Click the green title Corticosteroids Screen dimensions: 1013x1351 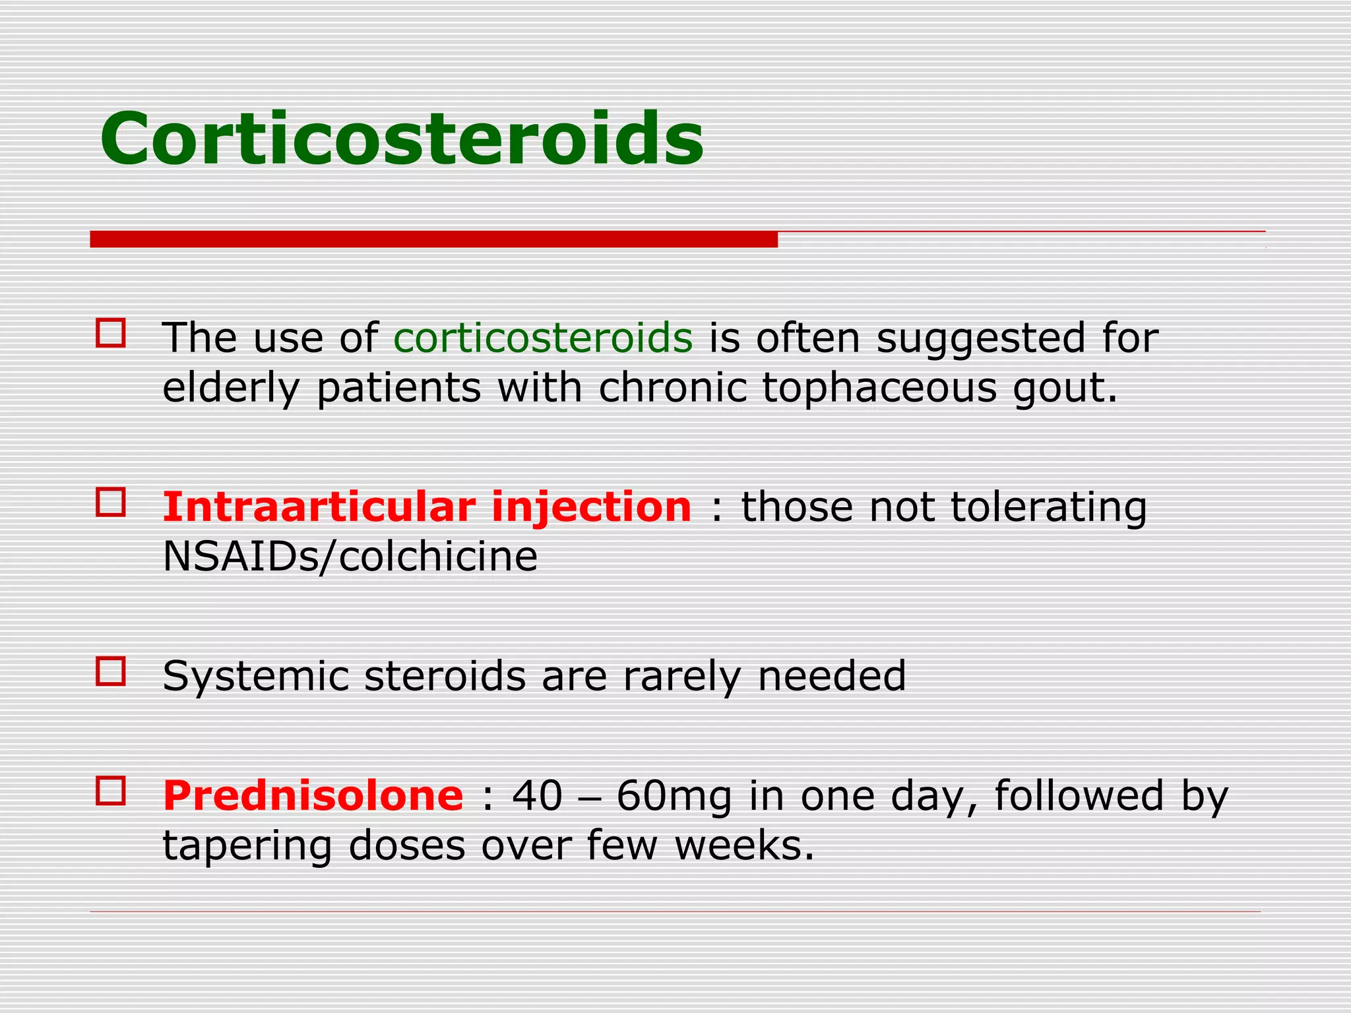pos(401,140)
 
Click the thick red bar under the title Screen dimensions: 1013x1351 pos(433,239)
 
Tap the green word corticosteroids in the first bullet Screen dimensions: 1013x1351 pos(542,338)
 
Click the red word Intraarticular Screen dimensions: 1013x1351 pos(319,507)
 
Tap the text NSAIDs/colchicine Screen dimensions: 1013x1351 pos(350,557)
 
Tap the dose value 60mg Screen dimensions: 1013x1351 pos(674,797)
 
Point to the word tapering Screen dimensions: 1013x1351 pos(247,847)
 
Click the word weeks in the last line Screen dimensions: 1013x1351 pos(743,845)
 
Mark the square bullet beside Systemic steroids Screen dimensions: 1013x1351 pos(110,671)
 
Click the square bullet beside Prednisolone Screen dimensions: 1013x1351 pos(110,790)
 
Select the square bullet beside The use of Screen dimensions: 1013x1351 pos(110,332)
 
